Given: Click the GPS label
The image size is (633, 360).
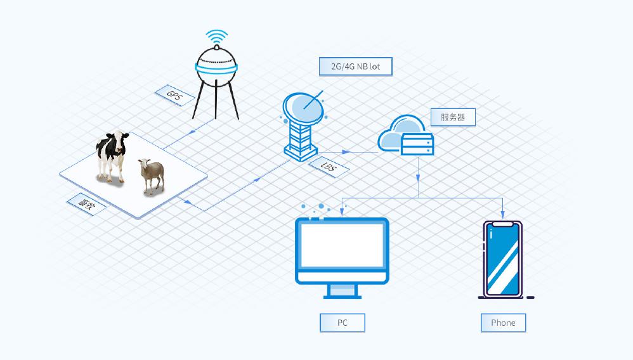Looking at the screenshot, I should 174,96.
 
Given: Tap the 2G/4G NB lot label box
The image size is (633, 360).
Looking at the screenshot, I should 356,66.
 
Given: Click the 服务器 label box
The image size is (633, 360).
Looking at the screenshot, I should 453,117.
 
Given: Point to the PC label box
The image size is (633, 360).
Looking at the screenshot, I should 343,323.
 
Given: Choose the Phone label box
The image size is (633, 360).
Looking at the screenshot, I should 503,323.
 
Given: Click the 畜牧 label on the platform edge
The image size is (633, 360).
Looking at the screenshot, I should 86,203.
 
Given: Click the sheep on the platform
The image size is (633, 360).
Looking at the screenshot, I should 152,175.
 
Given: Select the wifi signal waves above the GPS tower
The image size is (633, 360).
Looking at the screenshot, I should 217,36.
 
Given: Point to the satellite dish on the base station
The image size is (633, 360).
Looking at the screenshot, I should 303,108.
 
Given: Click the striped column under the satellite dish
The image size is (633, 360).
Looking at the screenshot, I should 301,138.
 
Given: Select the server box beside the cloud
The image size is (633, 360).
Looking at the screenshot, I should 417,144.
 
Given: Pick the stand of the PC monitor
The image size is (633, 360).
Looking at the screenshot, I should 343,290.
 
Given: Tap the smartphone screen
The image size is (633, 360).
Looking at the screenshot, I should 503,260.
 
